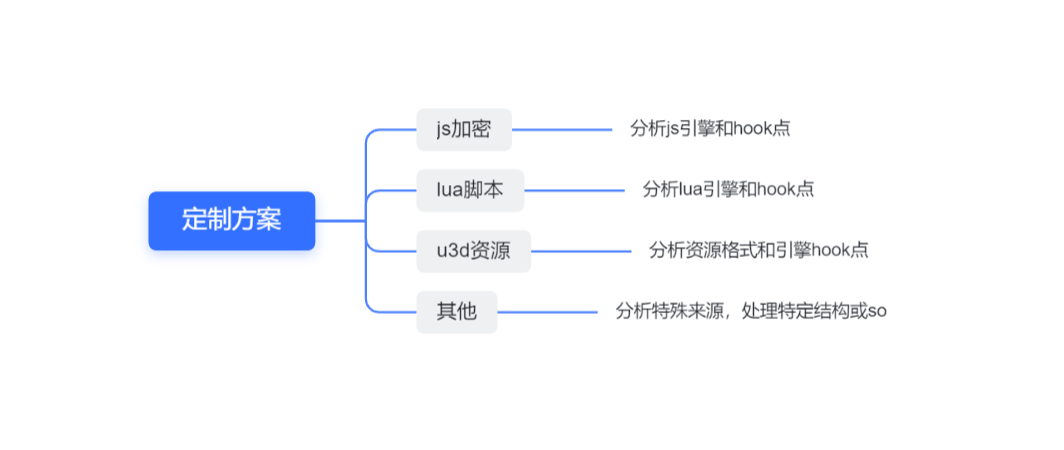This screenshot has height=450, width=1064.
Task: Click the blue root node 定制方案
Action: click(231, 220)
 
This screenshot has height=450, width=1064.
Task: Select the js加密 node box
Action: click(463, 129)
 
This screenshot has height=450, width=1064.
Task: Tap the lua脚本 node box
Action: click(470, 190)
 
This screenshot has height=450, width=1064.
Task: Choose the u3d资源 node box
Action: click(473, 250)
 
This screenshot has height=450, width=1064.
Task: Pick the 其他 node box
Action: click(456, 311)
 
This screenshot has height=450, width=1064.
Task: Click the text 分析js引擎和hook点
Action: click(711, 129)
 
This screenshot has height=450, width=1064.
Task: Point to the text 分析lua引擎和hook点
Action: click(728, 190)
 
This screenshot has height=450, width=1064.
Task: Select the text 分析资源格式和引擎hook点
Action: click(758, 250)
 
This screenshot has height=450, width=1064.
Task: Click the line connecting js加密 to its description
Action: click(561, 129)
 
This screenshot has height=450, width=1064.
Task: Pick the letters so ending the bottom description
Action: click(877, 312)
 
